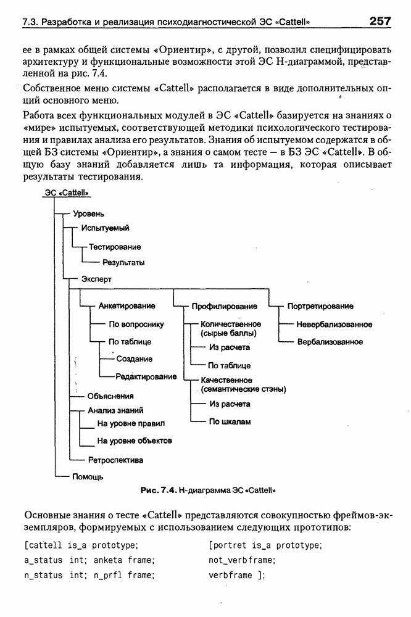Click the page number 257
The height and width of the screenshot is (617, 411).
(380, 22)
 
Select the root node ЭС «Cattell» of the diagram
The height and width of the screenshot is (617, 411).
(67, 193)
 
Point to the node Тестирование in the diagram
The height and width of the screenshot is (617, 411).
(115, 247)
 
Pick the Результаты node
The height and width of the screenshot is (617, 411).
(123, 262)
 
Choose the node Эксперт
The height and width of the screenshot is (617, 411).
(96, 279)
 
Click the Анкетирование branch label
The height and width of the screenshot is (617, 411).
(127, 305)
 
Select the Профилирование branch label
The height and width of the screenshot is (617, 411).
(224, 306)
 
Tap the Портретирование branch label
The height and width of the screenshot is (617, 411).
(320, 306)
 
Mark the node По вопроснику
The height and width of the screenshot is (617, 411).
(136, 324)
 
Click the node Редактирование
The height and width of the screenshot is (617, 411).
(146, 376)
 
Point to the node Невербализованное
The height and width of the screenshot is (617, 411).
(334, 324)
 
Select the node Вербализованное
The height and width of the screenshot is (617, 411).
(330, 341)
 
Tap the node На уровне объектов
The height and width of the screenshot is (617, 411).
(135, 441)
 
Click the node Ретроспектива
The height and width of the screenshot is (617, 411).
(115, 460)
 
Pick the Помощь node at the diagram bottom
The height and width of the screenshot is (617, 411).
(88, 476)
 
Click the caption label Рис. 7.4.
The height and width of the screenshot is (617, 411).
(158, 491)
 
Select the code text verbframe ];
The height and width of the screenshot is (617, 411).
(236, 575)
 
